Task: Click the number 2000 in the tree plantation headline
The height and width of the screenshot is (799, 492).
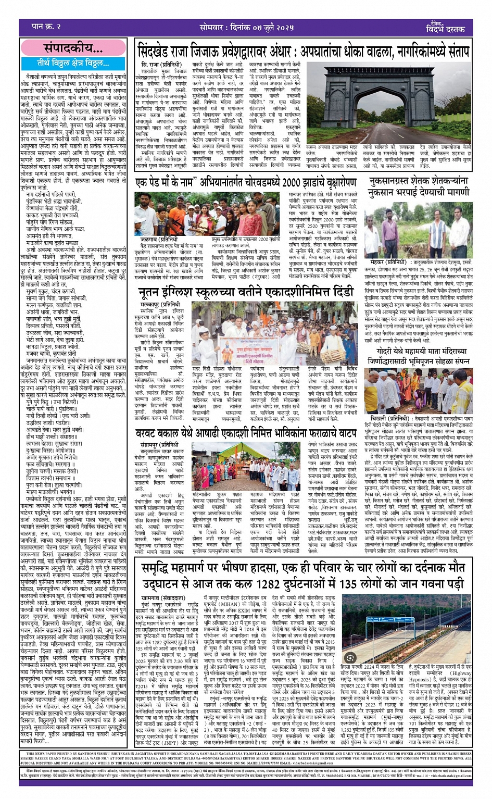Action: [292, 182]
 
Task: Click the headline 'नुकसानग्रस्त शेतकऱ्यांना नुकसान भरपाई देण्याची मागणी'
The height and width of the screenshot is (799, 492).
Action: [419, 185]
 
